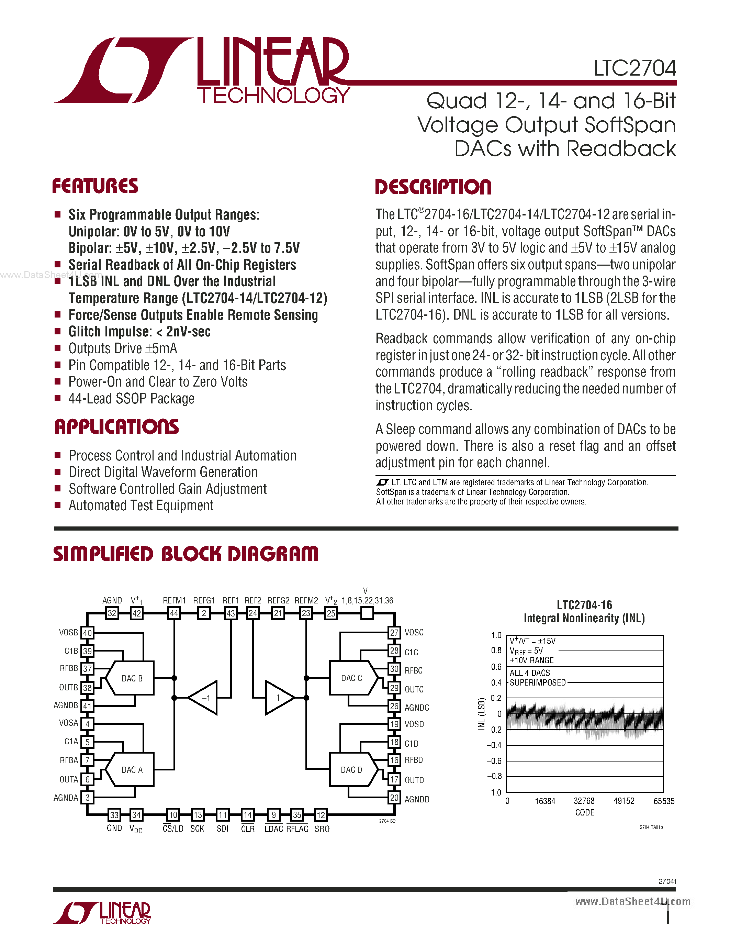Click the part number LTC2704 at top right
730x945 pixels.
[634, 68]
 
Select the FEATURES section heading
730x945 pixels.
[95, 186]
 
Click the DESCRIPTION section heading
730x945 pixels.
[433, 187]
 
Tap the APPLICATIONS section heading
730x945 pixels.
[116, 427]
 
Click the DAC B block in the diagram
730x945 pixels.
[132, 678]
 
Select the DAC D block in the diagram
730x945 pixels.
[351, 770]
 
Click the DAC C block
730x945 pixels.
[351, 678]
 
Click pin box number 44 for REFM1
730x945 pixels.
[174, 613]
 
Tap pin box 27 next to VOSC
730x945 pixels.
[394, 633]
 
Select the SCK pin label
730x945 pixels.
[197, 829]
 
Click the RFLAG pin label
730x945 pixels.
[297, 829]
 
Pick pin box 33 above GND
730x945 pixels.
[114, 815]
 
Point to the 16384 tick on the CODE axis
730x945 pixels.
[545, 801]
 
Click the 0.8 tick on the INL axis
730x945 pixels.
[496, 651]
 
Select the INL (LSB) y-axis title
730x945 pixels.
[481, 714]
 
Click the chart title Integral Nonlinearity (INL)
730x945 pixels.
[584, 618]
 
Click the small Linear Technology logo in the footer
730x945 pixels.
[102, 913]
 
